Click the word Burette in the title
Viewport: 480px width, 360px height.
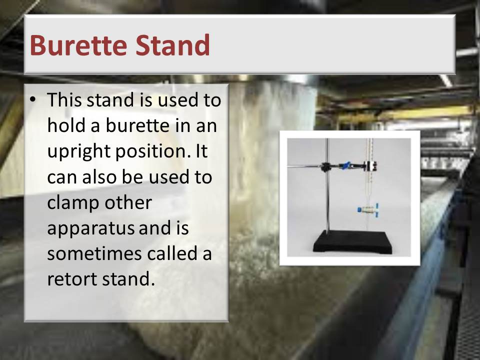(78, 45)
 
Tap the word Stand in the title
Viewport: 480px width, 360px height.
(173, 45)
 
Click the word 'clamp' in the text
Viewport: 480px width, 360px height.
(73, 203)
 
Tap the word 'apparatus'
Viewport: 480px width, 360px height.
(90, 229)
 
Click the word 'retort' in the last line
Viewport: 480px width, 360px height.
(72, 279)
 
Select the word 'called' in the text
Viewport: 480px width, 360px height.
(172, 253)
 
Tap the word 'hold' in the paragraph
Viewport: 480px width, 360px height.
(66, 125)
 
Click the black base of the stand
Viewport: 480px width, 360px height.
(352, 241)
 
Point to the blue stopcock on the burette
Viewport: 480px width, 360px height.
(368, 210)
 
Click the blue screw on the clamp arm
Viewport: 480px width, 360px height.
(345, 165)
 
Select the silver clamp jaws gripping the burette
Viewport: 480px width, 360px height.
(370, 166)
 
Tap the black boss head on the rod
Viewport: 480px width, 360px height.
(325, 167)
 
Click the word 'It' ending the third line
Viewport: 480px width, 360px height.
(201, 151)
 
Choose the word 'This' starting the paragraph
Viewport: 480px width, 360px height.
(64, 100)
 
